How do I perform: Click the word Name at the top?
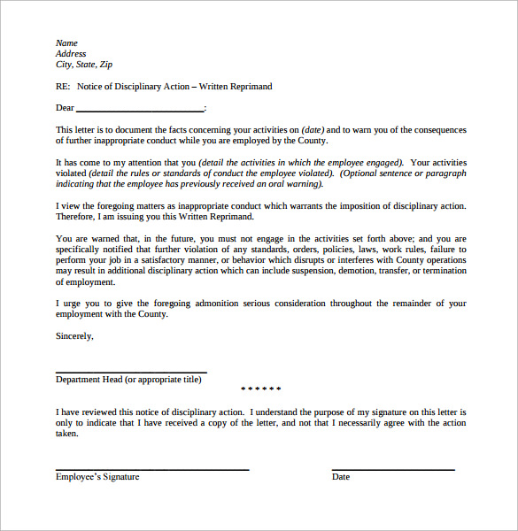(x=66, y=43)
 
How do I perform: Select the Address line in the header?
(x=71, y=54)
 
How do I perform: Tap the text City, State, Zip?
(x=84, y=65)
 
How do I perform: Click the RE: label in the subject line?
(x=63, y=87)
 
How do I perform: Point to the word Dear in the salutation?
(x=65, y=108)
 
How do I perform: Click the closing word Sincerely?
(x=74, y=336)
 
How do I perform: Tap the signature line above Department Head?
(x=131, y=372)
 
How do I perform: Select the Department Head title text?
(x=128, y=380)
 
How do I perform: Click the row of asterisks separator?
(x=261, y=389)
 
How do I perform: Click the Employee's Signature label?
(x=97, y=477)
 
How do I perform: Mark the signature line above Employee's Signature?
(x=152, y=469)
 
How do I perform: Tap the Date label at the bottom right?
(x=341, y=477)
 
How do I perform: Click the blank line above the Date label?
(x=393, y=469)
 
